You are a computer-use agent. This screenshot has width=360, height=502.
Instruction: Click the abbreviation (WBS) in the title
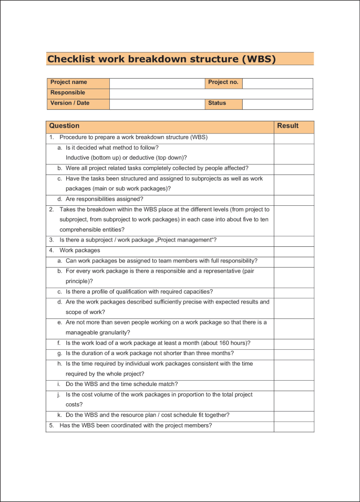point(258,59)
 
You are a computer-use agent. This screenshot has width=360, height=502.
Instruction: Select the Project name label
point(68,82)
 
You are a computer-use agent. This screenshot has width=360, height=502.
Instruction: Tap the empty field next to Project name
point(157,83)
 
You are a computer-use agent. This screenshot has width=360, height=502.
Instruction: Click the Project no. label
point(223,82)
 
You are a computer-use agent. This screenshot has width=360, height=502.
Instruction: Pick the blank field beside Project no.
point(277,83)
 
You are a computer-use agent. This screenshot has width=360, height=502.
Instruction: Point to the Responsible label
point(67,93)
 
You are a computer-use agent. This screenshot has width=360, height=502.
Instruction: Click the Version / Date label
point(70,103)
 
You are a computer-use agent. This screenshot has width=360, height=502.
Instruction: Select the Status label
point(217,103)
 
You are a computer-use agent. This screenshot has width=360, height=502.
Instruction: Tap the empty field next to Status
point(277,104)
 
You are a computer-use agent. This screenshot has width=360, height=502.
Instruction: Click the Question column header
point(64,126)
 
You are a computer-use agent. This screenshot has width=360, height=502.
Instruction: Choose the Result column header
point(287,126)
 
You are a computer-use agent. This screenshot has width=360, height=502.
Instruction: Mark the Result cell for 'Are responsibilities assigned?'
point(294,200)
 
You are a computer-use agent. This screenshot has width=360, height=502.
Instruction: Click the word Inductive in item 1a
point(78,158)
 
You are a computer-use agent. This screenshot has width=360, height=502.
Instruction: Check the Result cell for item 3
point(294,240)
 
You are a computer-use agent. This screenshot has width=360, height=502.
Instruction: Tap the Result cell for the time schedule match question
point(294,384)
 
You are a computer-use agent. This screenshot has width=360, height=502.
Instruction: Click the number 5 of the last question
point(51,425)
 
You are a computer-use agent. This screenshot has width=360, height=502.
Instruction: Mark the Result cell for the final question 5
point(294,426)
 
